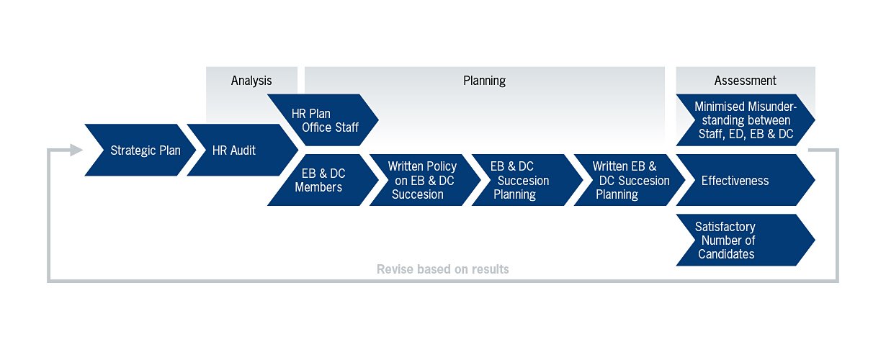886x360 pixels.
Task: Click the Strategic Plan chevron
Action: (140, 150)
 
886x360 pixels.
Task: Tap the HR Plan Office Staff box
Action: (323, 120)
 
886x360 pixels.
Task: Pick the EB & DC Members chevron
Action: (323, 180)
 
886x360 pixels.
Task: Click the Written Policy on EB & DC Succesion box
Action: (425, 180)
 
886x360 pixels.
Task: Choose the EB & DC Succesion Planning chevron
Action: (527, 180)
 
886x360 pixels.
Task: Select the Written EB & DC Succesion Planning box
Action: (630, 180)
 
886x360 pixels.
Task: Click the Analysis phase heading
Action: (251, 81)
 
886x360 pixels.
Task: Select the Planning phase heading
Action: (484, 81)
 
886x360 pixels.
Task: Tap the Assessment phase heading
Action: (746, 81)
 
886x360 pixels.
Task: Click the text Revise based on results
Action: (442, 269)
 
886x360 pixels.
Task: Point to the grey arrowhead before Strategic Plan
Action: (76, 150)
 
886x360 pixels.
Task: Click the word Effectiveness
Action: (735, 181)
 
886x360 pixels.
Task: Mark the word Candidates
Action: (726, 254)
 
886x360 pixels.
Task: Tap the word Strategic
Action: (133, 150)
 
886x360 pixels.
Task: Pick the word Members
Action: (318, 187)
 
